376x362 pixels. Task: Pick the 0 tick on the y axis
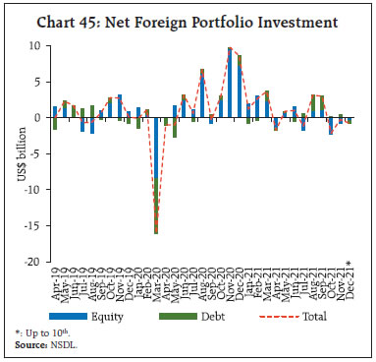point(35,118)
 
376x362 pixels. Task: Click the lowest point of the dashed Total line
point(156,233)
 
